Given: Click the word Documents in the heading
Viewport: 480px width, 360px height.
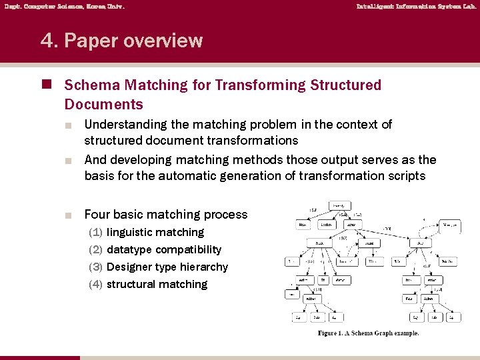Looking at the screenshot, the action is [104, 105].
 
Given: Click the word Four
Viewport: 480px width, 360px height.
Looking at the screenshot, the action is [97, 215].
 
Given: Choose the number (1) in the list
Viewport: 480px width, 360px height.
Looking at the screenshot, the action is [96, 233].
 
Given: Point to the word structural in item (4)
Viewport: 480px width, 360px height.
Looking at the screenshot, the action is [132, 285].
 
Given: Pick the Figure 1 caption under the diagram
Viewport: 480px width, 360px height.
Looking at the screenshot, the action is [369, 333].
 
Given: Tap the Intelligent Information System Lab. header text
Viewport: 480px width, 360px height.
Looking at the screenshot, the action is [416, 7].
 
